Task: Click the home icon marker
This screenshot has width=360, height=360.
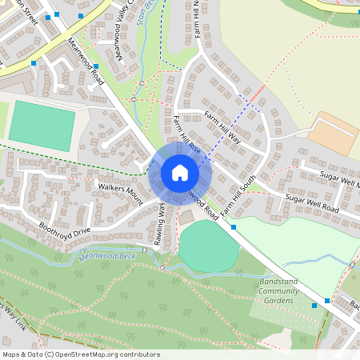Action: [180, 173]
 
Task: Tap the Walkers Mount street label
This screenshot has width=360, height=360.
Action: [119, 190]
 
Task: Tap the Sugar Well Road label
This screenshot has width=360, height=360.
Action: [312, 203]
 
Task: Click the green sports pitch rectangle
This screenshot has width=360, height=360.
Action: [42, 124]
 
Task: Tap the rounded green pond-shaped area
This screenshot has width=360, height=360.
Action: [208, 245]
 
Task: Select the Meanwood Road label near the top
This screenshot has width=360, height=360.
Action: [86, 62]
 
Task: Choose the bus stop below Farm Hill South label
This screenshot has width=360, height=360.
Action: [234, 227]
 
